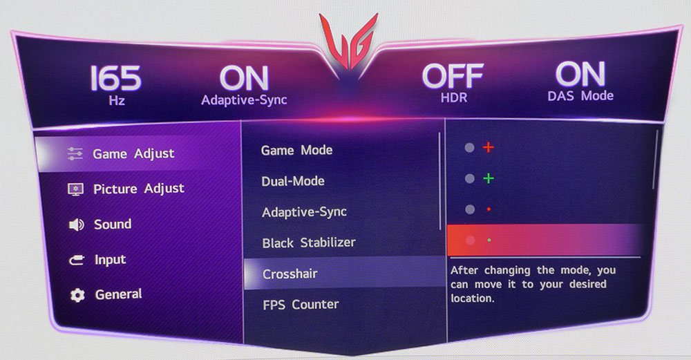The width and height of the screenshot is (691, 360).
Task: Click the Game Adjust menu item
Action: coord(133,154)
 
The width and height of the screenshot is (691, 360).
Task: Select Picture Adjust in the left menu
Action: coord(139,189)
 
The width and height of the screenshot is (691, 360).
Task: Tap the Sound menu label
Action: coord(113,225)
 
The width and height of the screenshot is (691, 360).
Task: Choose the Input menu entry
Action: coord(110,260)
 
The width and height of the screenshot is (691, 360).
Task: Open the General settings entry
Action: coord(119,294)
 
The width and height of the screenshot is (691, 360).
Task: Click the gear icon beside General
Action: coord(77,295)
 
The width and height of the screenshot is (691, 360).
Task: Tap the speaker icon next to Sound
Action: coord(76,225)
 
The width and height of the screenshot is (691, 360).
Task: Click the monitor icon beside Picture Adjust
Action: coord(75,189)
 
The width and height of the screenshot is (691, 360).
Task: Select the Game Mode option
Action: coord(296,150)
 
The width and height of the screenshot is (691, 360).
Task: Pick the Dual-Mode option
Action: coord(293,181)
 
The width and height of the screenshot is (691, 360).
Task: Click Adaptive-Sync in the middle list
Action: coord(305,212)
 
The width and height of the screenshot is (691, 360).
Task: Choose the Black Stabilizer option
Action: coord(309,243)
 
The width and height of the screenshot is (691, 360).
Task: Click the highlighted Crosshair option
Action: coord(290,274)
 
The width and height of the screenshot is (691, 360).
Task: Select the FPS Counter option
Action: coord(301,305)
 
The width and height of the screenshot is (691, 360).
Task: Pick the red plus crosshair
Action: coord(489,147)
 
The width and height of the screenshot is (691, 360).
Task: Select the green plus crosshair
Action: coord(489,178)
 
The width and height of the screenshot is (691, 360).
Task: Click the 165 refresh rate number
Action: coord(116,79)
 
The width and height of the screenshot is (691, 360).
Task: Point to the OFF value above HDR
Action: coord(453,76)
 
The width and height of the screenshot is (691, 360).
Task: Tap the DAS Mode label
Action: coord(580,95)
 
